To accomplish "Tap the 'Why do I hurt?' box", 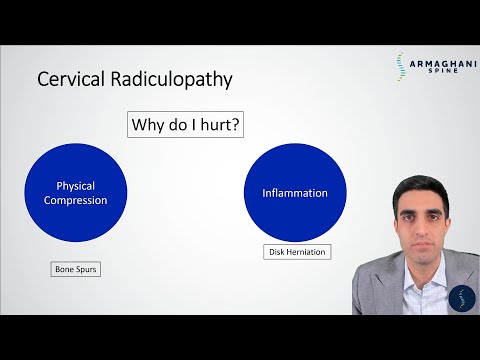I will (188, 126).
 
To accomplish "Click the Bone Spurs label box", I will (76, 270).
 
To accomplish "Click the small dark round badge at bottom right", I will (463, 299).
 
